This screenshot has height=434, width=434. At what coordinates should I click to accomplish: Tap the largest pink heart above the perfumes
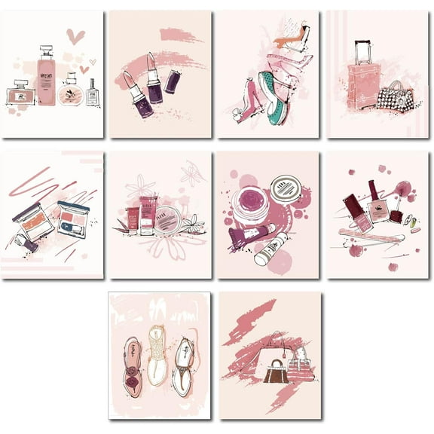(75, 35)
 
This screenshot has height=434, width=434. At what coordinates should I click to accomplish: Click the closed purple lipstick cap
(173, 81)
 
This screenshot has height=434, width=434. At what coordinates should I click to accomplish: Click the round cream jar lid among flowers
(167, 219)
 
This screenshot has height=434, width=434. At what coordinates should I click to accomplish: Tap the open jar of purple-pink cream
(249, 205)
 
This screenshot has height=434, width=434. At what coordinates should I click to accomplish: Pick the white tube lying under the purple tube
(270, 252)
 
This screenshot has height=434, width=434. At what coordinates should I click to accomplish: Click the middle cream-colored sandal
(157, 354)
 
